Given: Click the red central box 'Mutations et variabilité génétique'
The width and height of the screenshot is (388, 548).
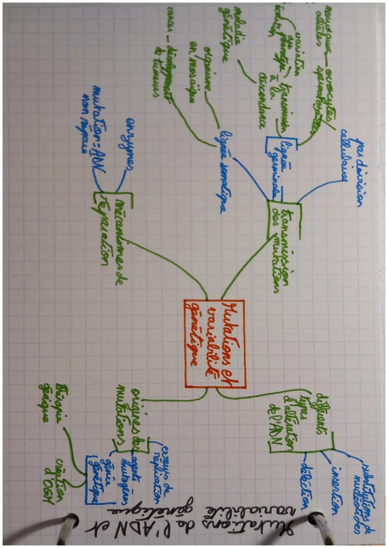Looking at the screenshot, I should coord(213,343).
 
